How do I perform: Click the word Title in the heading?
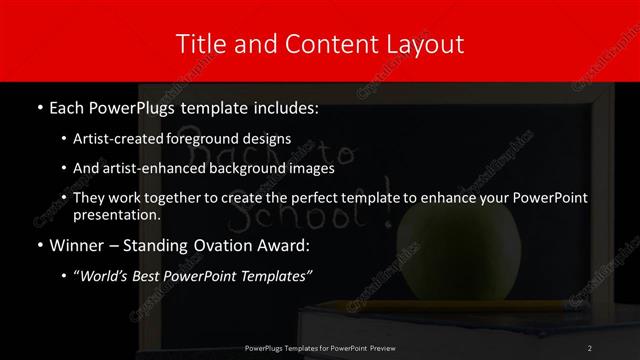200,45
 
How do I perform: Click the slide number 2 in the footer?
590,348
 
